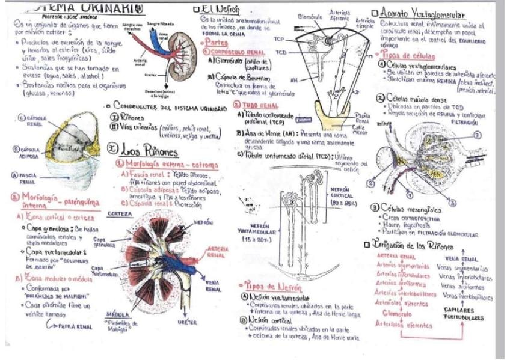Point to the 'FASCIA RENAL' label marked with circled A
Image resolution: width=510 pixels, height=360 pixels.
click(26, 177)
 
